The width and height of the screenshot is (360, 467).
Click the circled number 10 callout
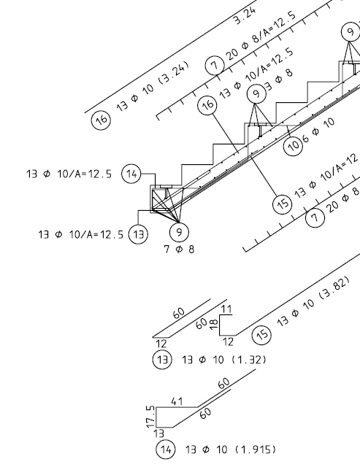point(294,146)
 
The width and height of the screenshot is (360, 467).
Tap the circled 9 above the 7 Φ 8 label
point(179,232)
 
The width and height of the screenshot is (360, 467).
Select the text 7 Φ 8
point(179,249)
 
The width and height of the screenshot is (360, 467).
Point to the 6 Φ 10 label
point(318,131)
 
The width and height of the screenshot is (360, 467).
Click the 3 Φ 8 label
point(279,80)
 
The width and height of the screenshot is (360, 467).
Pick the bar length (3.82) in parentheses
point(334,287)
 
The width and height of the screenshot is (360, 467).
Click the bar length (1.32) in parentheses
point(248,360)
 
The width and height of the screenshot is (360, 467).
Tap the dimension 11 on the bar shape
point(226,309)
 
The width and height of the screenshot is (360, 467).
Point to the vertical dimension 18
point(214,324)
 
